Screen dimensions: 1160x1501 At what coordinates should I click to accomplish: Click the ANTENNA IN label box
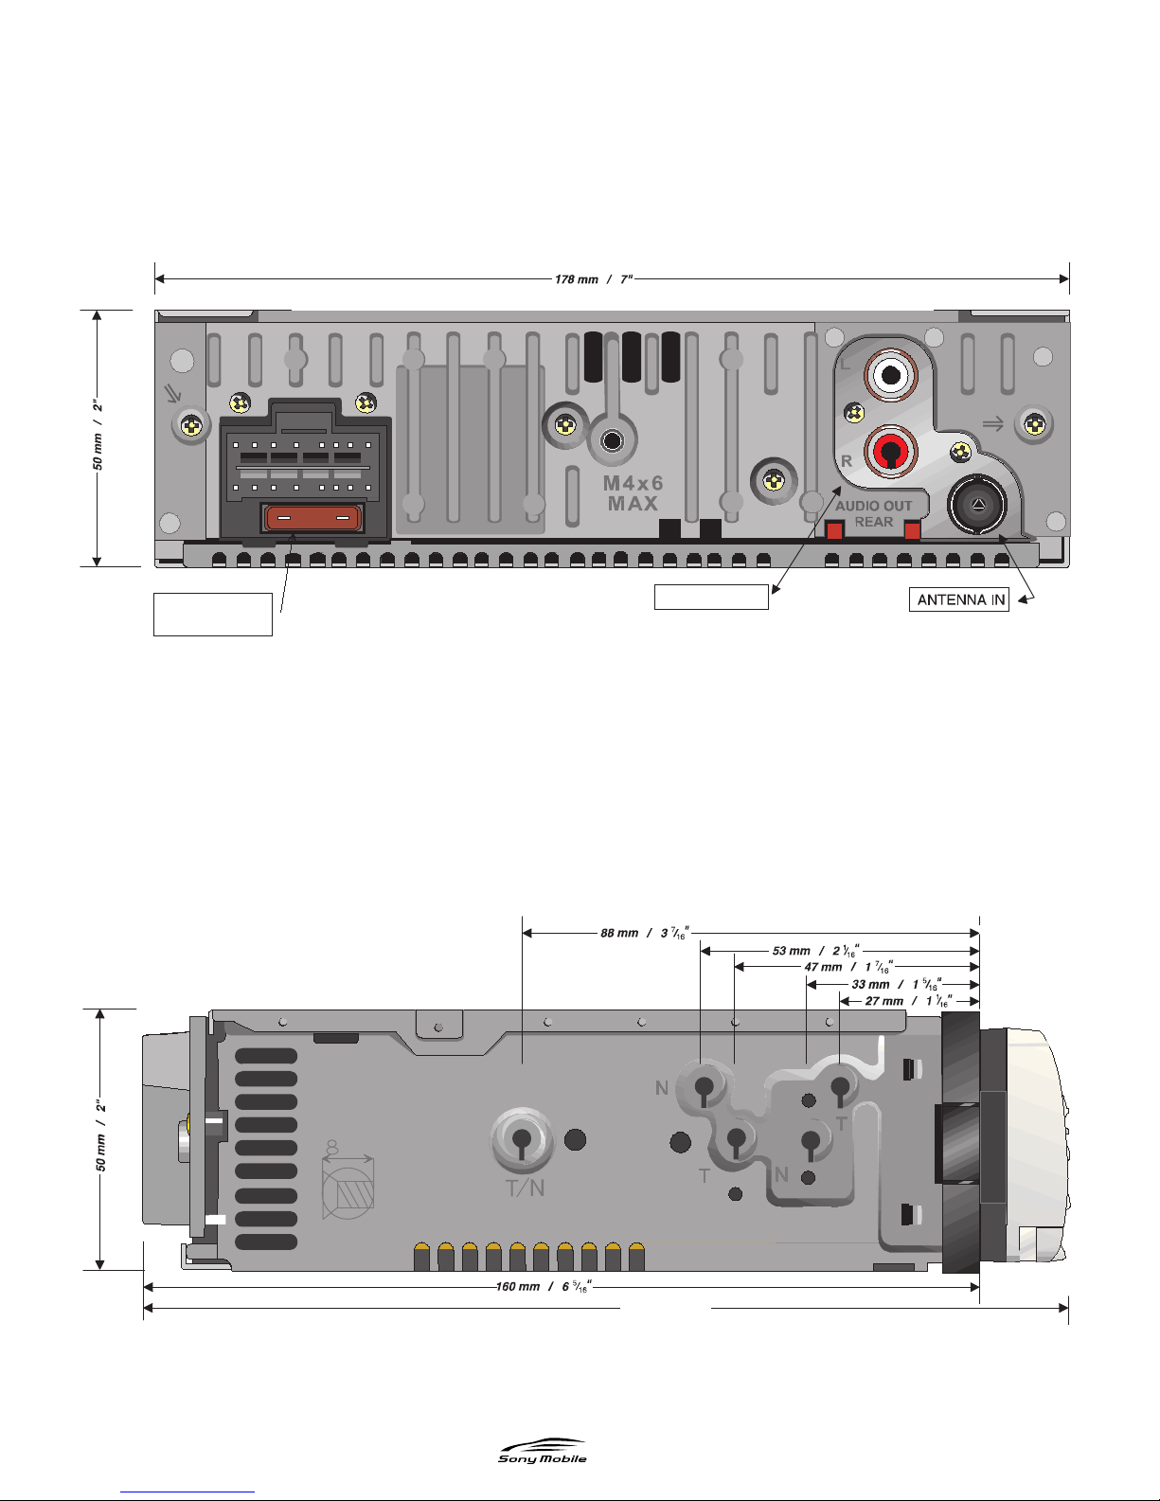pos(958,599)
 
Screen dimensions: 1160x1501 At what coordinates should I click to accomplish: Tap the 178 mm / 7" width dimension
pos(594,279)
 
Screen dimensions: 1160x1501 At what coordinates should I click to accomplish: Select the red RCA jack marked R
pos(891,452)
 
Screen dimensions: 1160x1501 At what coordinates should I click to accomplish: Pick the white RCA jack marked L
pos(891,375)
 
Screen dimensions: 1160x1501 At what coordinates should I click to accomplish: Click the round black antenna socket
pos(977,504)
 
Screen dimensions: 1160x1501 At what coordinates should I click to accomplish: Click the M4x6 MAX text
pos(633,493)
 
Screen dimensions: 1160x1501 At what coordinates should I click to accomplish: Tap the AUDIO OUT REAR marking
pos(873,514)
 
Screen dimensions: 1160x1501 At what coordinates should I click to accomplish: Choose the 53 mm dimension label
pos(815,951)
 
